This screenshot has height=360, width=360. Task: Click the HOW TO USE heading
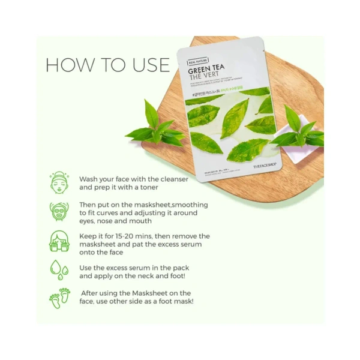(x=103, y=64)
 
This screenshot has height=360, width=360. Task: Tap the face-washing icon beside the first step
(x=59, y=183)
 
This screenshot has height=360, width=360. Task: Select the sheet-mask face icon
(x=59, y=212)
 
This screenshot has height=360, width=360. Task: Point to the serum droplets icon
(x=59, y=270)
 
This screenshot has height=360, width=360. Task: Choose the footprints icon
(x=59, y=298)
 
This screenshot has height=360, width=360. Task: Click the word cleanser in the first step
(x=172, y=179)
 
